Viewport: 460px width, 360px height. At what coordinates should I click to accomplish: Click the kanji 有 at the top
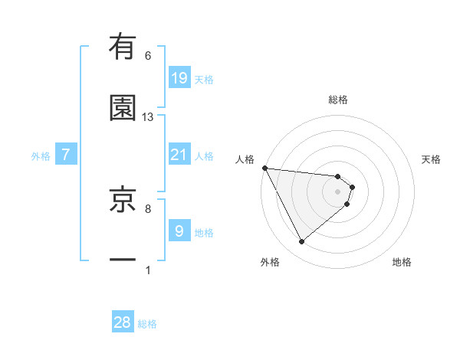point(123,47)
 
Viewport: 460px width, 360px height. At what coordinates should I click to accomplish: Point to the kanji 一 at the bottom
point(123,260)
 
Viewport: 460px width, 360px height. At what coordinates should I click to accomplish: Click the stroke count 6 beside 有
point(148,56)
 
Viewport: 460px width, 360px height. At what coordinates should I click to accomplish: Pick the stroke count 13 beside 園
point(148,116)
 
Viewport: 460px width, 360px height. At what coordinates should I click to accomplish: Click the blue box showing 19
point(179,78)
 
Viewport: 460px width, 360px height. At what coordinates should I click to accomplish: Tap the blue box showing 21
point(179,155)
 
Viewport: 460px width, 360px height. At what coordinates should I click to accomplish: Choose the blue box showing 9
point(179,231)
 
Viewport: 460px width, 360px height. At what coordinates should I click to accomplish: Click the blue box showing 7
point(66,155)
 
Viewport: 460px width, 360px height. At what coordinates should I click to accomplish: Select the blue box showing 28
point(123,322)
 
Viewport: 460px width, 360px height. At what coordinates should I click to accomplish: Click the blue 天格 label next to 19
point(203,80)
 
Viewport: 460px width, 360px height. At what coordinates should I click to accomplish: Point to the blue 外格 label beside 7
point(41,156)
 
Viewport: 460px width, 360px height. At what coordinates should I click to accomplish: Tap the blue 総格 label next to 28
point(147,324)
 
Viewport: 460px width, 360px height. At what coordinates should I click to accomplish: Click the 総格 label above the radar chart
point(338,100)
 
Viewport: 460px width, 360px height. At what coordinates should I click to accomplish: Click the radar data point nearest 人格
point(264,168)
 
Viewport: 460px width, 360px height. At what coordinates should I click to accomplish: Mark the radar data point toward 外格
point(301,242)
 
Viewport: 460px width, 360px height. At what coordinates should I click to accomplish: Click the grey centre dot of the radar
point(338,191)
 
